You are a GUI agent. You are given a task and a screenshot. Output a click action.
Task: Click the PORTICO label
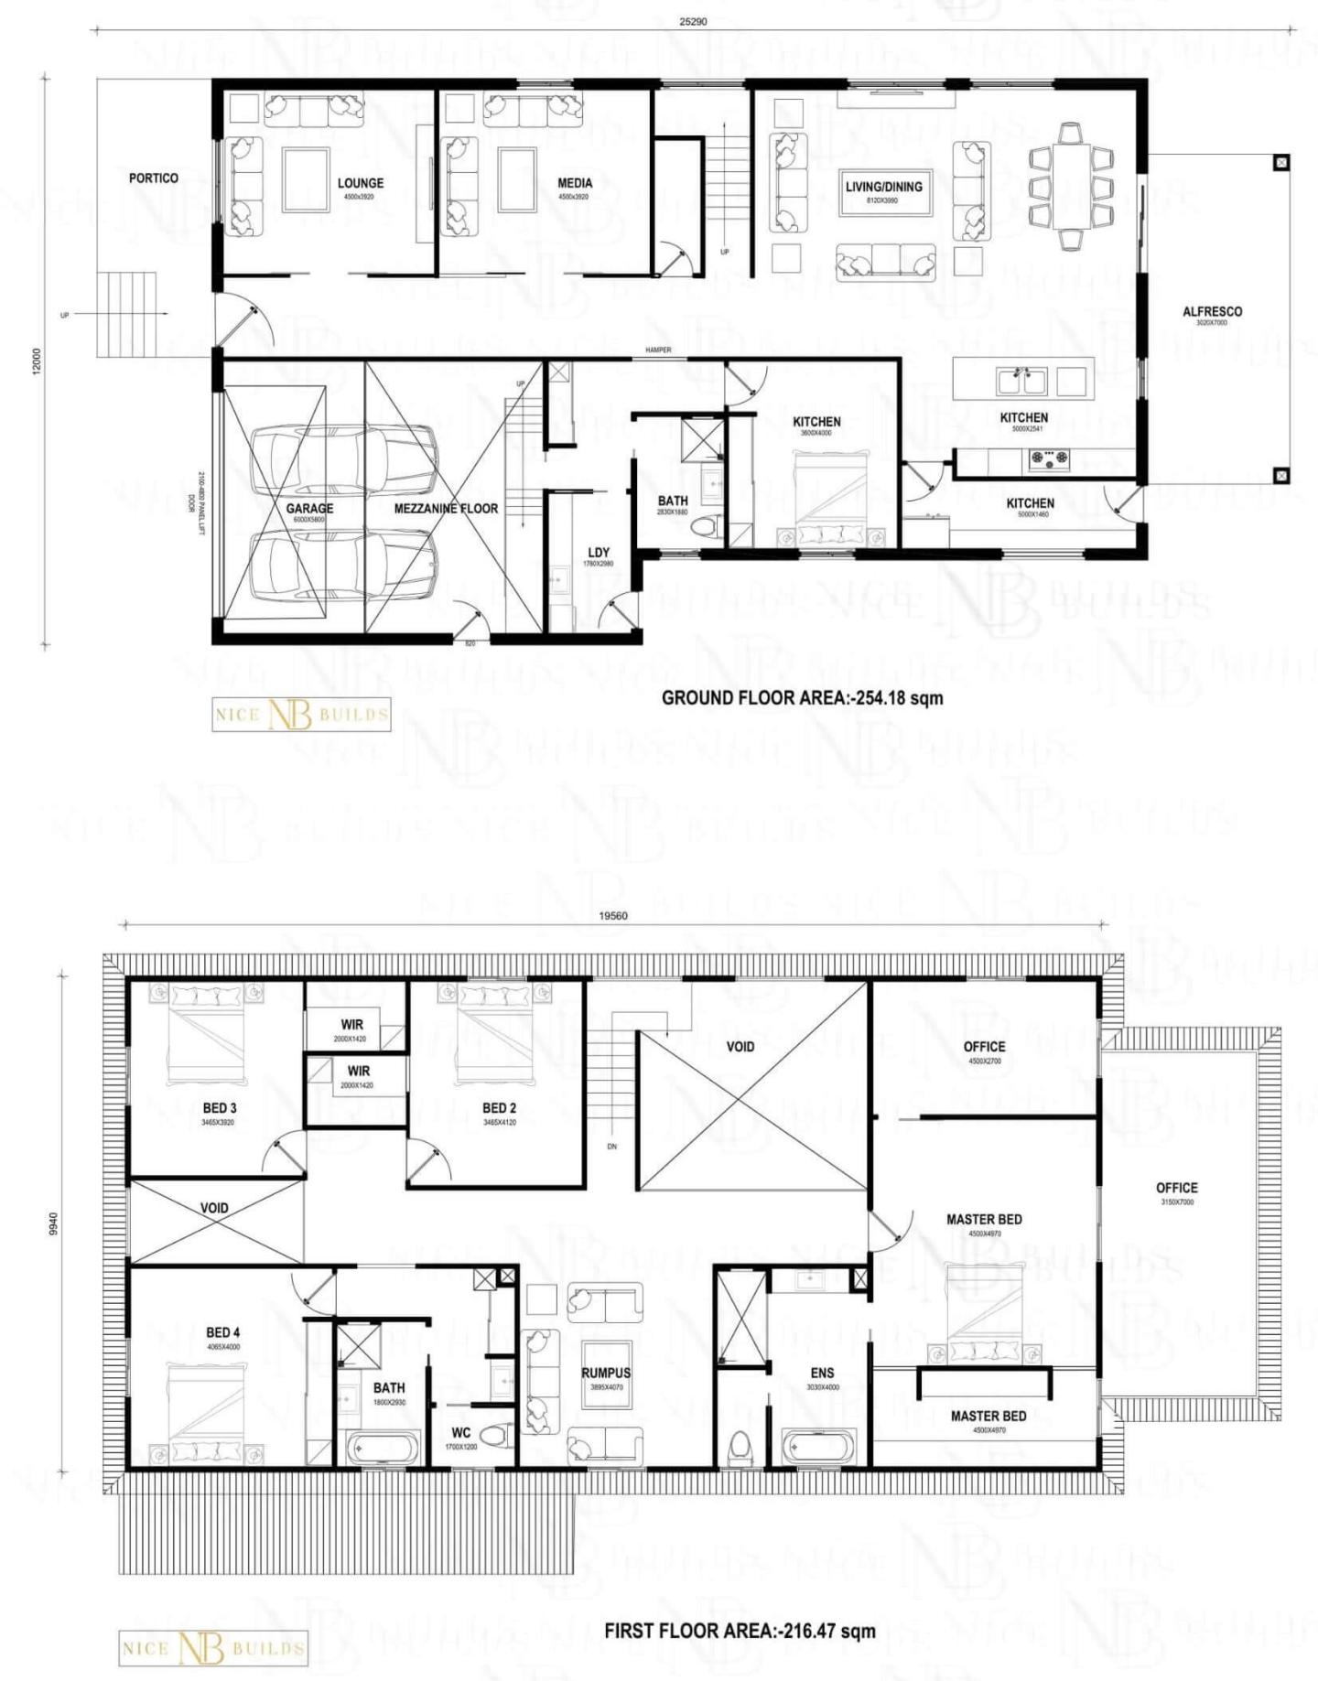click(153, 178)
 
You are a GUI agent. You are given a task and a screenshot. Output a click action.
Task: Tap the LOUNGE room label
click(360, 183)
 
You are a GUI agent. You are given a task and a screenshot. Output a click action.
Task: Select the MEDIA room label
click(574, 183)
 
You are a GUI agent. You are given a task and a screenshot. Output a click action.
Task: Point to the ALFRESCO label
click(1212, 311)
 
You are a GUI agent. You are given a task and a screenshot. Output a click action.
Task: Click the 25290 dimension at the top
click(692, 21)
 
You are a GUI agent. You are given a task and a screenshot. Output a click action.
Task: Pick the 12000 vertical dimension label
click(38, 360)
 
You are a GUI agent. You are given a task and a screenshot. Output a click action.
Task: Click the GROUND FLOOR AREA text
click(802, 697)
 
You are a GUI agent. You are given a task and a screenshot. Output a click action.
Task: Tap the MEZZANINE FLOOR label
click(446, 508)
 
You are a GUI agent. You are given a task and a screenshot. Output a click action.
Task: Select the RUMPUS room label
click(605, 1373)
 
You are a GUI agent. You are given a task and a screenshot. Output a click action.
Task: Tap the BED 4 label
click(222, 1332)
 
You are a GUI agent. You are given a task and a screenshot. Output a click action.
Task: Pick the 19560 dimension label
click(612, 915)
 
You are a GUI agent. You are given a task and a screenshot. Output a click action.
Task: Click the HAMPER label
click(657, 350)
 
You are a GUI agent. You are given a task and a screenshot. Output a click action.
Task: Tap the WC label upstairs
click(460, 1432)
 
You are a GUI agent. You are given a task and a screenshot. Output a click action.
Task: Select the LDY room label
click(599, 552)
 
